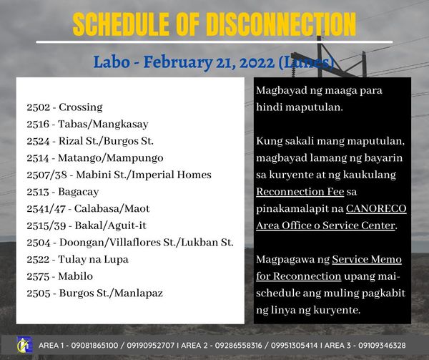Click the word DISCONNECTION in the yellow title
(281, 24)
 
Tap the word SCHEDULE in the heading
(121, 24)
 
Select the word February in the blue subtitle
(178, 62)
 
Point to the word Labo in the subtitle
(112, 62)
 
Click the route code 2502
(39, 107)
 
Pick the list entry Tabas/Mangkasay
(103, 125)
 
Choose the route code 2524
(39, 141)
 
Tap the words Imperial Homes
(172, 175)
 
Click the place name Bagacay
(79, 193)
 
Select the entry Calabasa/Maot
(112, 209)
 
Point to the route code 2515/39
(46, 226)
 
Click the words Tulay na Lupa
(93, 260)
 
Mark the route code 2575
(39, 276)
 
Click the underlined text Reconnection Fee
(300, 192)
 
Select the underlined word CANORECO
(376, 208)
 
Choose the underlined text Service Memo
(367, 260)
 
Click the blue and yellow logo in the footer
(24, 345)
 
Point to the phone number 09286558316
(238, 346)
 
